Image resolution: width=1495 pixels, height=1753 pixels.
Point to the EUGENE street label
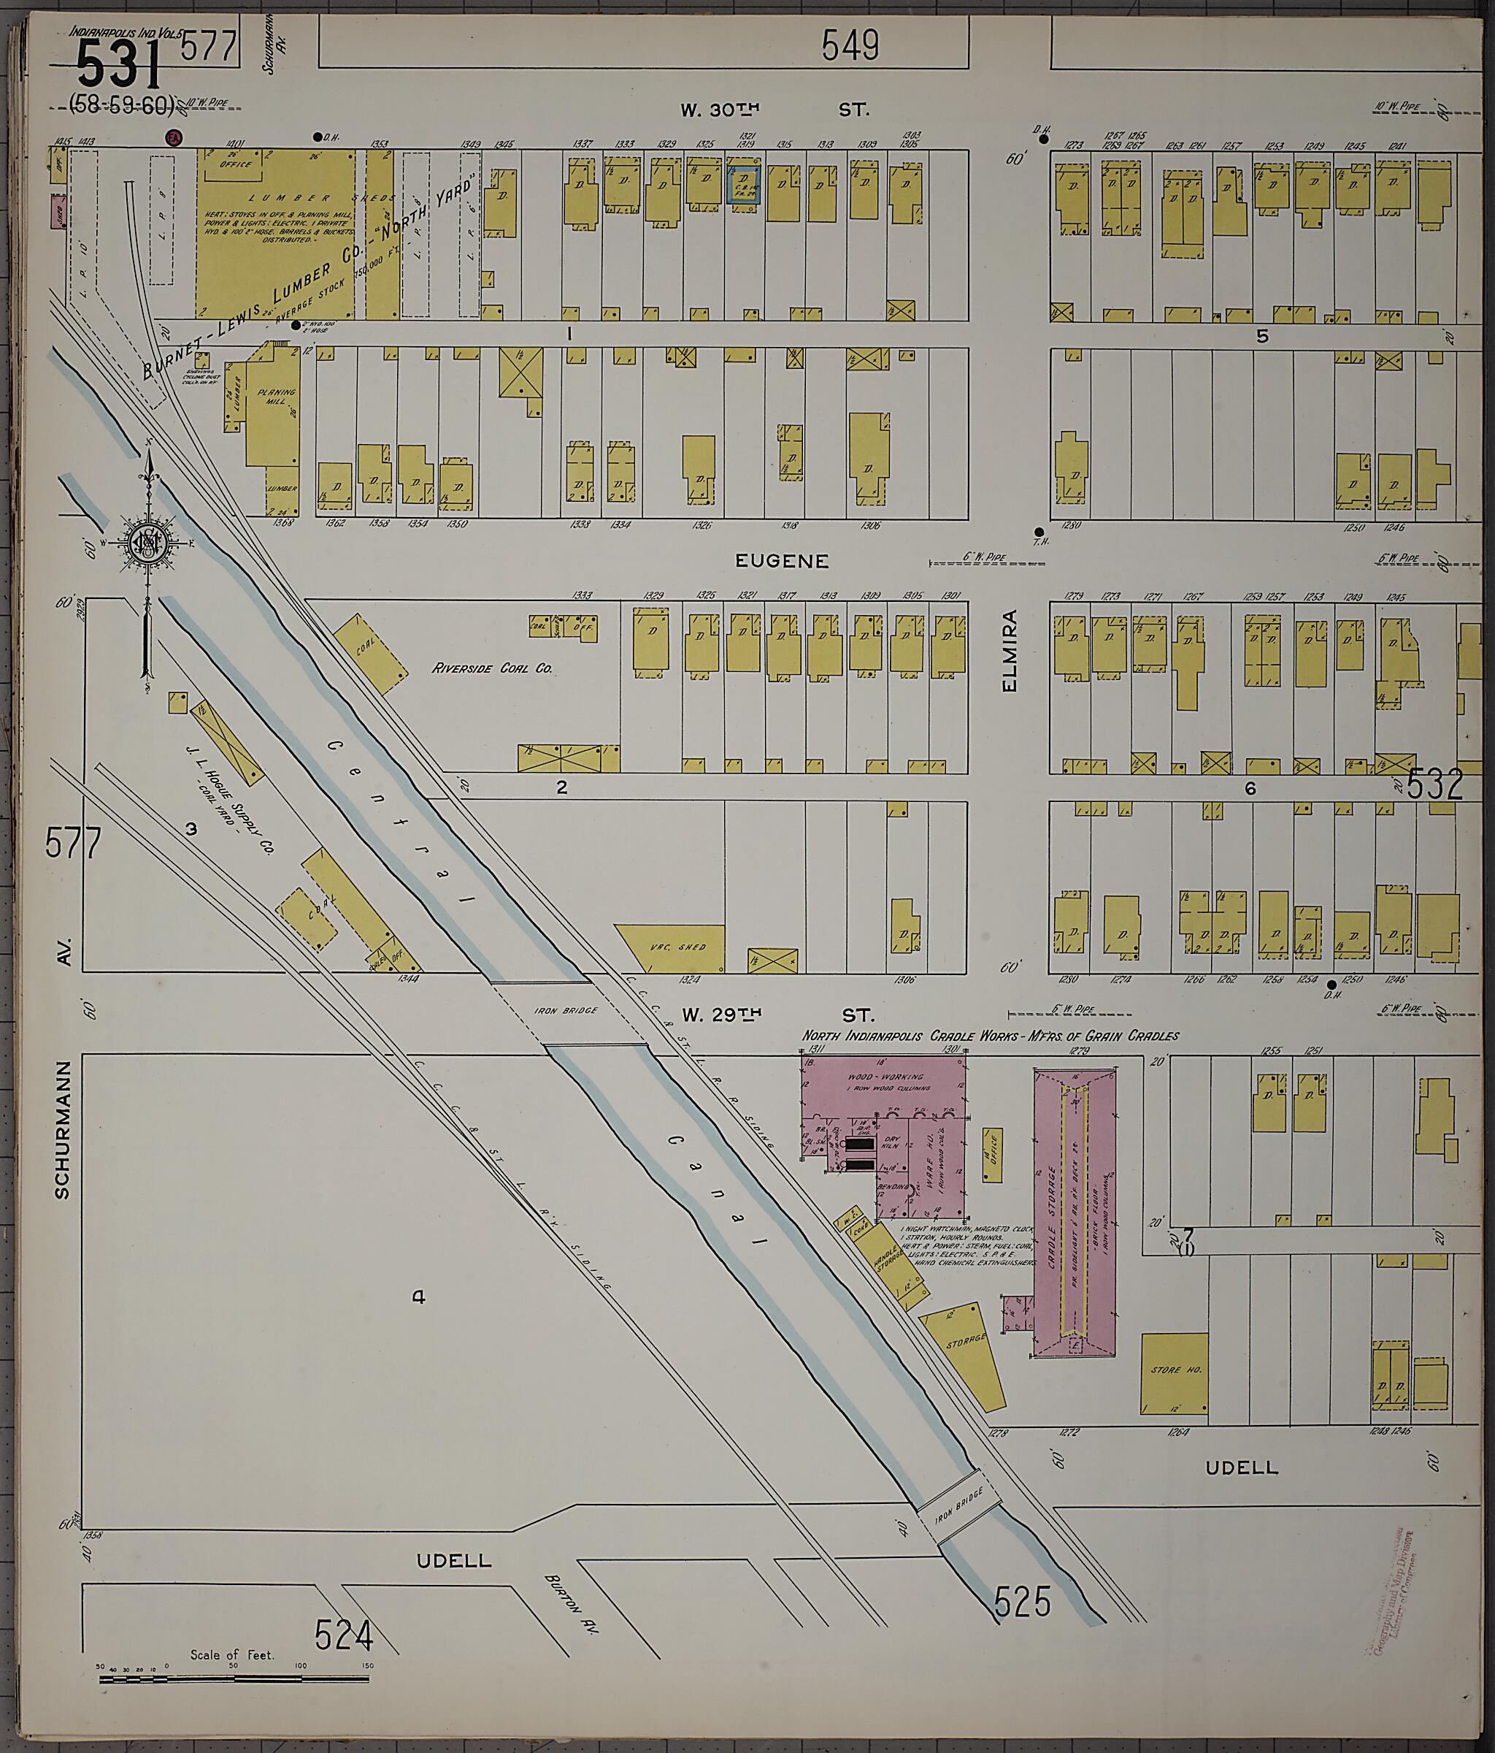click(781, 561)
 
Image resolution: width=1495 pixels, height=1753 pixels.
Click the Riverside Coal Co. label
click(492, 668)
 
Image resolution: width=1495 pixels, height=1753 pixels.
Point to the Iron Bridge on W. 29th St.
click(578, 1011)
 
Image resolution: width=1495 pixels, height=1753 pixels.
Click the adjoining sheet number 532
click(1435, 784)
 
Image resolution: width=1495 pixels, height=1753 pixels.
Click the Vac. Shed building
click(680, 947)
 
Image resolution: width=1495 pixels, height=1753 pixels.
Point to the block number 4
click(418, 1296)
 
